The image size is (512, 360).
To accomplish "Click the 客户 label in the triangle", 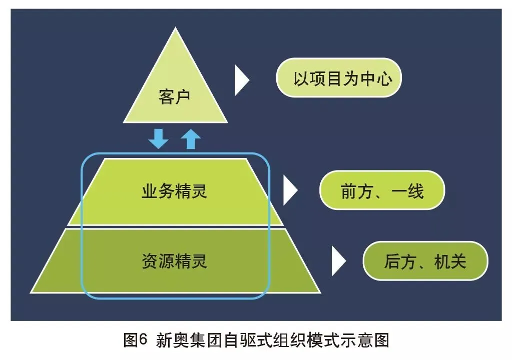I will (x=174, y=96).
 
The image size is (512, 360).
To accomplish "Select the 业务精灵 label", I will (x=174, y=191).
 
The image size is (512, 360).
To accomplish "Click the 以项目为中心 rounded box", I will (x=339, y=78).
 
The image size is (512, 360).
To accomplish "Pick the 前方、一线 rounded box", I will (x=382, y=190).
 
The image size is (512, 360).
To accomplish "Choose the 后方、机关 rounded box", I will (x=425, y=261).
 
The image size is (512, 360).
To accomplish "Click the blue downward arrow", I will (x=159, y=138).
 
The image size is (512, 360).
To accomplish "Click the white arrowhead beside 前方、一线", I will (x=290, y=190).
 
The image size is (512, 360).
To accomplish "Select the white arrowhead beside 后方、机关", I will (x=338, y=261).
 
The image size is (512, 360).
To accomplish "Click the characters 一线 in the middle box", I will (x=409, y=190).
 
